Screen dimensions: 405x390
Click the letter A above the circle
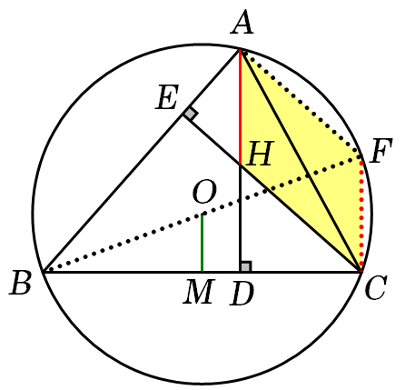tap(242, 23)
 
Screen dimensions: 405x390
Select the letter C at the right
tap(376, 287)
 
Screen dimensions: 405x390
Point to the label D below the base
tap(242, 293)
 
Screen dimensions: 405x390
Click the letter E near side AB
tap(167, 97)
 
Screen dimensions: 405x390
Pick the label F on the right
tap(380, 150)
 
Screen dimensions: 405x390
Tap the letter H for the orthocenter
tap(260, 154)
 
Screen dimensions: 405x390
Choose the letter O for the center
tap(204, 193)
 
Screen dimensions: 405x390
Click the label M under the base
tap(199, 292)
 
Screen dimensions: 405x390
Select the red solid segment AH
tap(241, 107)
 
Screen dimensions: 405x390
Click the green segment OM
tap(202, 243)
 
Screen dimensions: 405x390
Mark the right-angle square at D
tap(246, 266)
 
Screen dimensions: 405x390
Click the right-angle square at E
tap(191, 115)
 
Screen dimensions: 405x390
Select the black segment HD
tap(241, 218)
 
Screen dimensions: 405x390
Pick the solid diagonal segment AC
tap(301, 160)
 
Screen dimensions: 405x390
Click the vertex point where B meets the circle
tap(44, 272)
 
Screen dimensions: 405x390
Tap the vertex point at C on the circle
tap(361, 272)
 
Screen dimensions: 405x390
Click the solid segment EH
tap(212, 140)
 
